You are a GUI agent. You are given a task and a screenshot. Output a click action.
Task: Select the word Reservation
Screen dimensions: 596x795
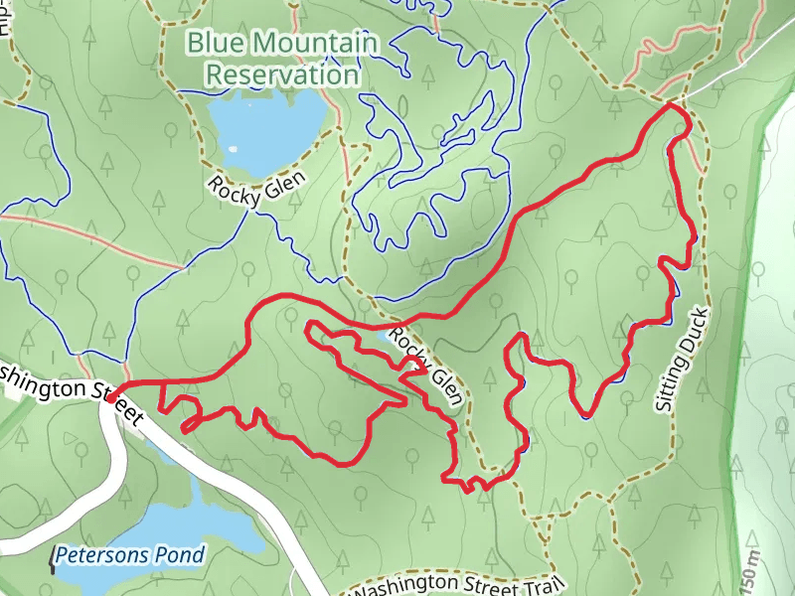282,74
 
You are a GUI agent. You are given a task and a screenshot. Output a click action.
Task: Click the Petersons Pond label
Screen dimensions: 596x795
130,555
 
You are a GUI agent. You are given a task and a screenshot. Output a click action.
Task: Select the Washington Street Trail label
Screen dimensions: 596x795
458,584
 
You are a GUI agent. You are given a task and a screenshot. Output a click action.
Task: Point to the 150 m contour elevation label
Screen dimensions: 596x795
753,571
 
